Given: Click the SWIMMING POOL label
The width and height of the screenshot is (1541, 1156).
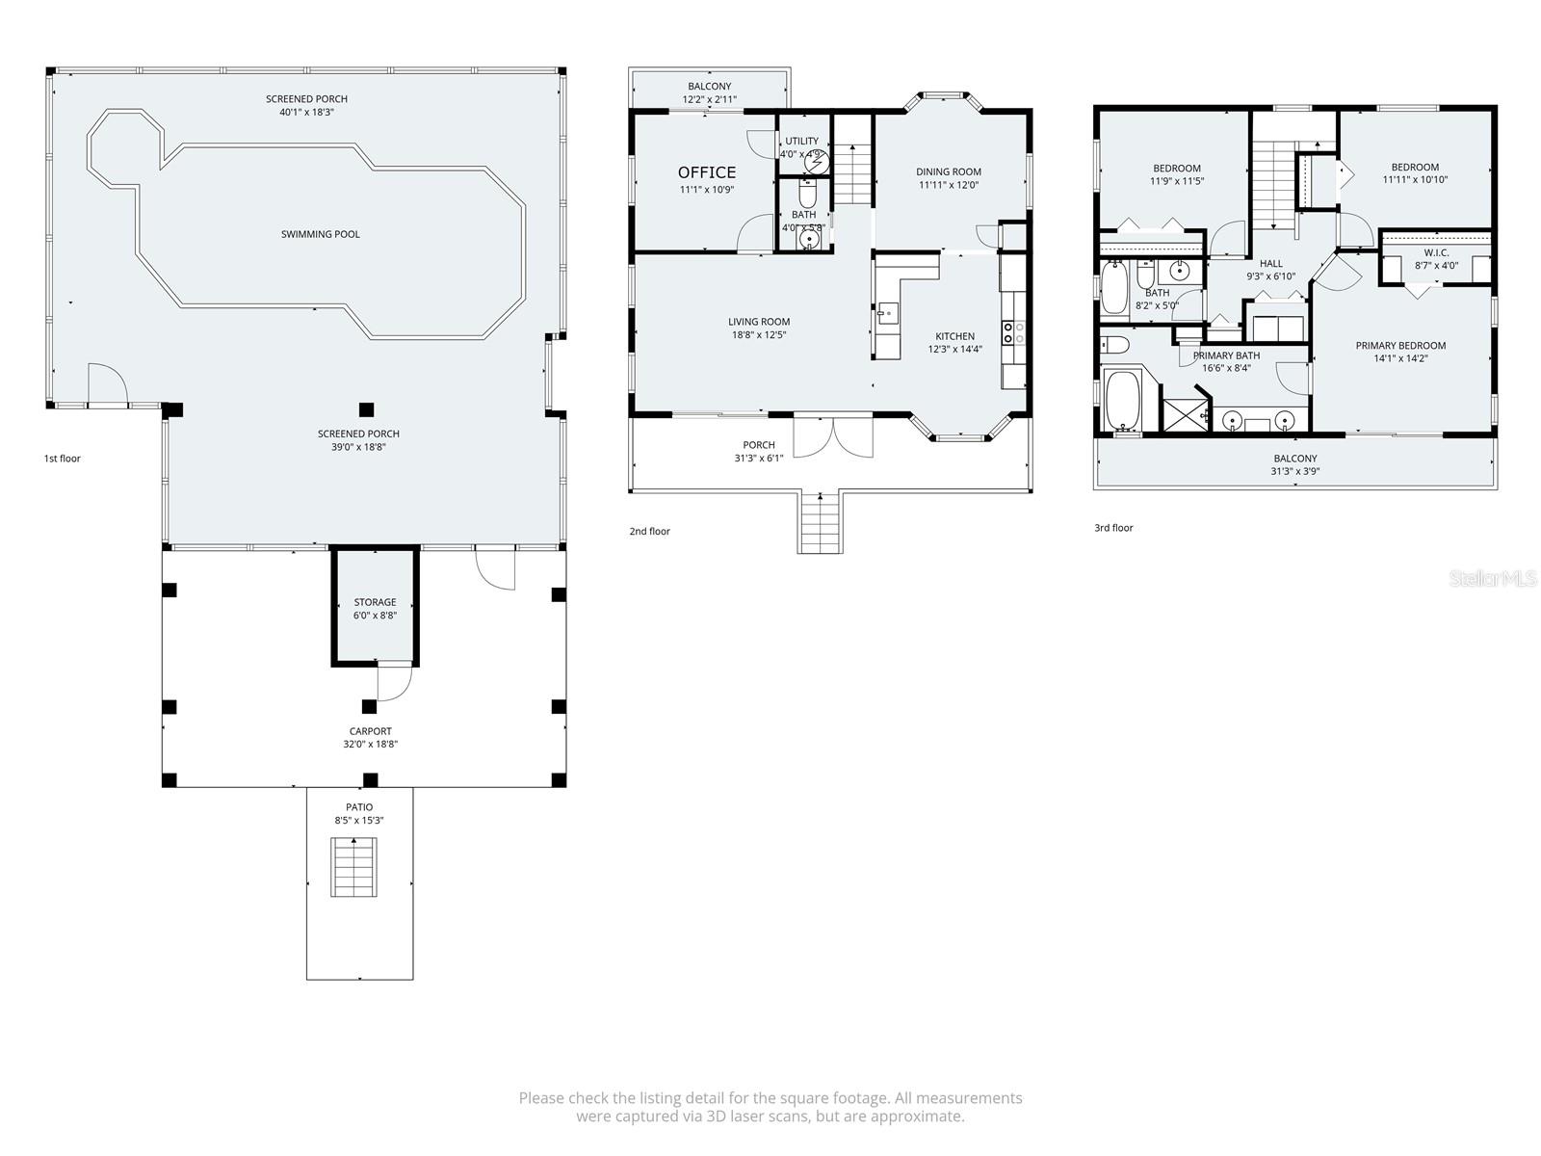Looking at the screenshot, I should [321, 234].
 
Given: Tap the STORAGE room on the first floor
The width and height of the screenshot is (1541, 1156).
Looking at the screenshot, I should [375, 608].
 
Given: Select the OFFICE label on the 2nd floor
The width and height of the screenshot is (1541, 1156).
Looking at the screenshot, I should [707, 172].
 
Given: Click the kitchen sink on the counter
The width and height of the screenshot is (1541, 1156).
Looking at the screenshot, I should [888, 312].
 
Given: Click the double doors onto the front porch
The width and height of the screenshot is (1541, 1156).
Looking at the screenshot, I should [833, 435].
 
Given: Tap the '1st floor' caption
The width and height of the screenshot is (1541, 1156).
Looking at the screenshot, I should [63, 459].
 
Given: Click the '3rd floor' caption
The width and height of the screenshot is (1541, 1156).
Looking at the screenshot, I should [1113, 528].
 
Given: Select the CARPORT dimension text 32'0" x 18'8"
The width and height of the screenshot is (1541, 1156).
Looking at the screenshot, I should [371, 744].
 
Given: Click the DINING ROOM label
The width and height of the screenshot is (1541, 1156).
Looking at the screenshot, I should [949, 171].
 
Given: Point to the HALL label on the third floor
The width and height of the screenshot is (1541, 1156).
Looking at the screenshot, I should [1271, 263].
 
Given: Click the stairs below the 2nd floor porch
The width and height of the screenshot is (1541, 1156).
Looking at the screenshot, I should [821, 522].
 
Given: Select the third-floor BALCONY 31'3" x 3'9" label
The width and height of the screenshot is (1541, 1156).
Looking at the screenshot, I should [1295, 464].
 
